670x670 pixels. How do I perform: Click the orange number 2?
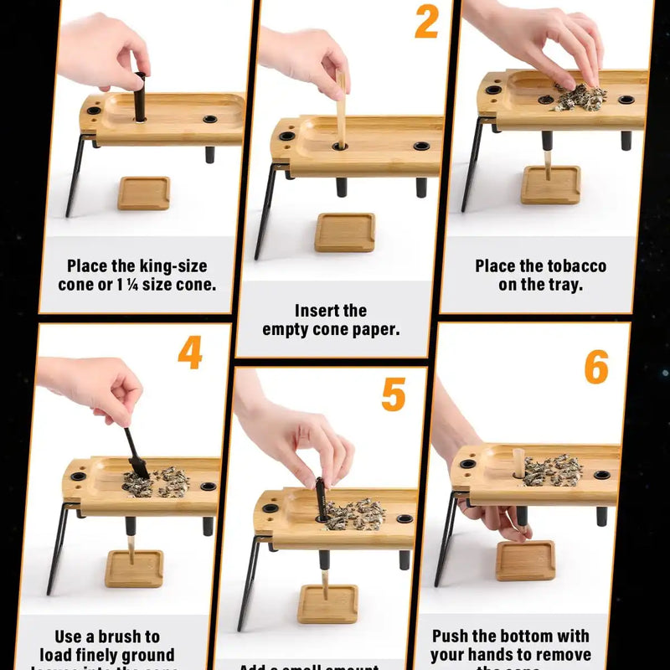coord(426,23)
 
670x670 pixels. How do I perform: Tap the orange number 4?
coord(190,353)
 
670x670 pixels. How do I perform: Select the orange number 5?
coord(394,395)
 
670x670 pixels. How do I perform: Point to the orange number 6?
coord(596,368)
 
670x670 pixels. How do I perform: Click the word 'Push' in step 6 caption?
coord(453,636)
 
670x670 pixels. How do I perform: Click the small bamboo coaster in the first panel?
coord(144,193)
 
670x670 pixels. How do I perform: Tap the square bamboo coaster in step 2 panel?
coord(345,232)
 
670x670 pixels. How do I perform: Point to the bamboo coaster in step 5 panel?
coord(327,603)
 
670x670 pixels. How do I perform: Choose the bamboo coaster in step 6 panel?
coord(525,560)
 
